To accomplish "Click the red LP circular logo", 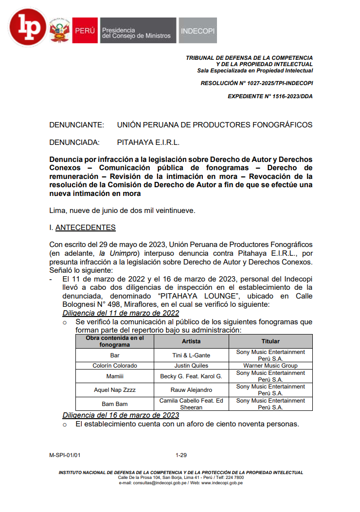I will pos(28,28).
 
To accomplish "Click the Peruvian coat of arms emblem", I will pos(59,31).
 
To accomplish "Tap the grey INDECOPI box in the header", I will pos(198,31).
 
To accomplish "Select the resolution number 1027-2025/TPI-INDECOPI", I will pos(256,83).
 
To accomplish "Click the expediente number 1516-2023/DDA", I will pos(270,96).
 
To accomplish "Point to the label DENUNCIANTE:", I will pos(76,125).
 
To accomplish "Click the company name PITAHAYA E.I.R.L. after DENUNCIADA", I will pos(148,142).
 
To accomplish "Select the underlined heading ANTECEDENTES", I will pos(86,227).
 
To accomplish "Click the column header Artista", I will pos(191,341).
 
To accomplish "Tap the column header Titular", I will pos(270,341).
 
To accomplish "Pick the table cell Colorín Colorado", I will pos(115,365).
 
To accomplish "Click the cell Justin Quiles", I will pos(191,365).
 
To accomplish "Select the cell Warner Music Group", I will pos(270,365).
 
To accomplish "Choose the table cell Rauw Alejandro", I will pos(191,390).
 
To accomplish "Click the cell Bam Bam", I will pos(115,404).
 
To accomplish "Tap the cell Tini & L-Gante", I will pos(191,355).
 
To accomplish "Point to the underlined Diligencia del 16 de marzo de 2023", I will pos(121,415).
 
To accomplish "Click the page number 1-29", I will pos(181,455).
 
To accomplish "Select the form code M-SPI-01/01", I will pos(65,455).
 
